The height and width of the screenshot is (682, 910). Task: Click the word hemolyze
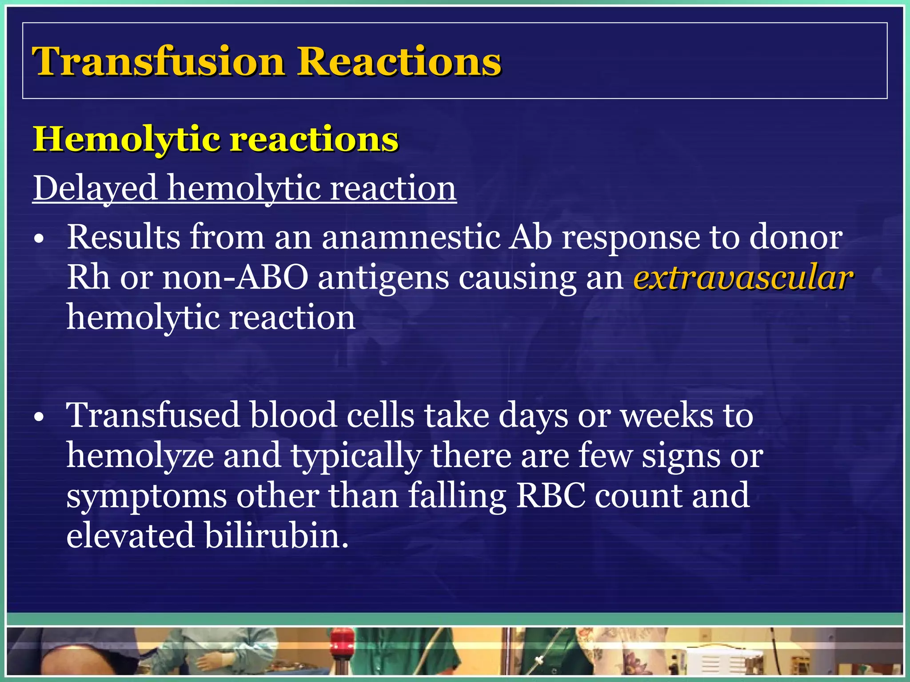(x=140, y=456)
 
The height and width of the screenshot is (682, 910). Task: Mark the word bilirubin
(x=276, y=535)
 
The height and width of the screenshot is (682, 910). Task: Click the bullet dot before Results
(x=40, y=240)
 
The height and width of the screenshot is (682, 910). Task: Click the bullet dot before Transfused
(x=40, y=418)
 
